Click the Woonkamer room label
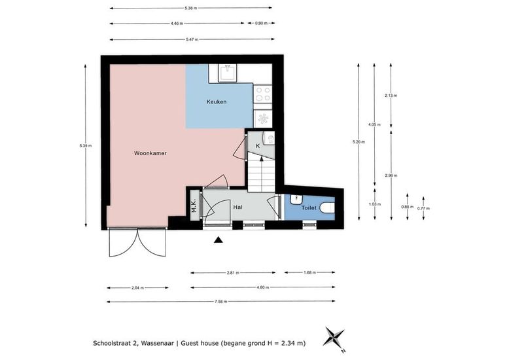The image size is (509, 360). (150, 153)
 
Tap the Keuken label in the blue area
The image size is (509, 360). (217, 101)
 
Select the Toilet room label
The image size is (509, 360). (309, 207)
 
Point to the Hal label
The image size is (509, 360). (237, 207)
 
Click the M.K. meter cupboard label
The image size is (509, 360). (194, 206)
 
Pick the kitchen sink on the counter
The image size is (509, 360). (228, 73)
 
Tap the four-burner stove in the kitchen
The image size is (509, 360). (262, 94)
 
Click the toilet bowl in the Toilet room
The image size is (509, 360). (327, 207)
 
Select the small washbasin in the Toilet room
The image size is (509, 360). (296, 199)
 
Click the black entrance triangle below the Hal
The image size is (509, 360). (219, 240)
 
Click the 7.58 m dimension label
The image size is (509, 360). (220, 302)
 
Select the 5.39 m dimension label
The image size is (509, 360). (85, 145)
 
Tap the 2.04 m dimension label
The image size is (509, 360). (137, 287)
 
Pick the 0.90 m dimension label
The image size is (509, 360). (261, 23)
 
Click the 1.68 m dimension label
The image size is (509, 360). (309, 272)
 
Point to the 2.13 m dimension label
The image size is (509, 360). (391, 96)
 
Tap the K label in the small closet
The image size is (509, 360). (258, 146)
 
